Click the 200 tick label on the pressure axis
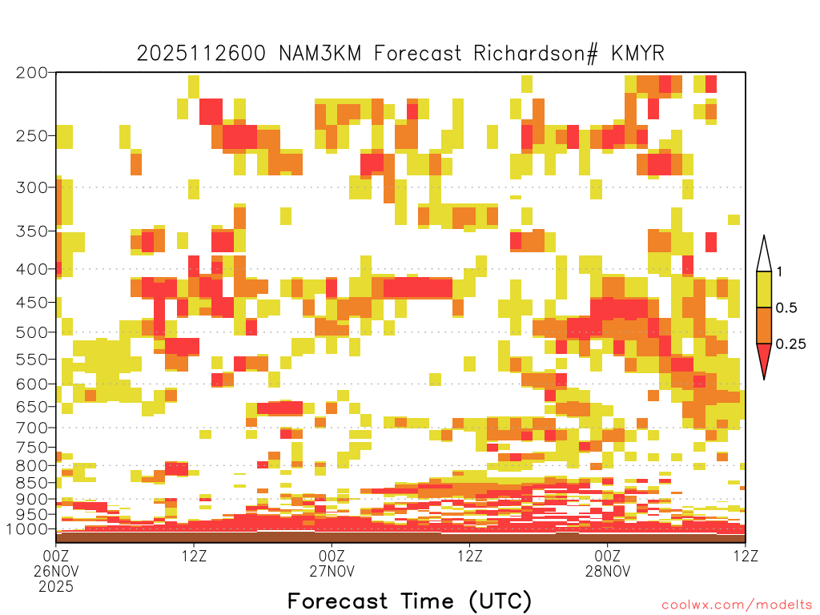coord(31,73)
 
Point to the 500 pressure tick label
coord(31,332)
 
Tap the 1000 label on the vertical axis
coord(26,529)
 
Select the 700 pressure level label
coord(31,428)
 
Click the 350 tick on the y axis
coord(31,231)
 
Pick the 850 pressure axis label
coord(31,483)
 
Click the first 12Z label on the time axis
coord(194,556)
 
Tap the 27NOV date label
coord(332,571)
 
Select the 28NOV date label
coord(608,571)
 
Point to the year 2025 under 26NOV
coord(56,587)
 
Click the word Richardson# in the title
coord(536,54)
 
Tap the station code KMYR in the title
coord(638,54)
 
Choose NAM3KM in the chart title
coord(320,54)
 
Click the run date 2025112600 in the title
coord(201,54)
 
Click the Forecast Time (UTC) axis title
coord(409,601)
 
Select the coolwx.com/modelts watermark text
coord(737,605)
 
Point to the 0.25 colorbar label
coord(790,344)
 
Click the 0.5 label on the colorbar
coord(786,308)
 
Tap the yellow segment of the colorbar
coord(764,289)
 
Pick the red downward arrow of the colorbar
coord(764,358)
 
